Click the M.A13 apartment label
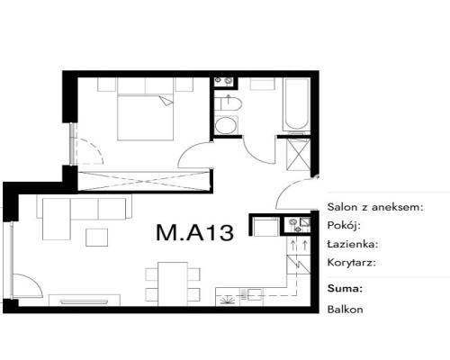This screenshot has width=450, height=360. [x=194, y=232]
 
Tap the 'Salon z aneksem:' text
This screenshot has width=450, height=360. [x=375, y=207]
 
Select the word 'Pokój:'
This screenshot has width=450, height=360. [x=344, y=225]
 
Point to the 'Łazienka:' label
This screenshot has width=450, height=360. [x=353, y=244]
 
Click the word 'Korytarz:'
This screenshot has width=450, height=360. [x=352, y=263]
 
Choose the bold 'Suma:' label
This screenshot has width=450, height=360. [x=345, y=289]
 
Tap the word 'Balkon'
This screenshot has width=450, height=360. [x=345, y=310]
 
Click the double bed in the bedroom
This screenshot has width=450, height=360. [x=146, y=109]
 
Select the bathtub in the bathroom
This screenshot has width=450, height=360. [x=297, y=104]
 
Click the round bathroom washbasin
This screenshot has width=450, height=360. [x=226, y=126]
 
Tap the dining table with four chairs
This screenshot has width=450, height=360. [x=173, y=283]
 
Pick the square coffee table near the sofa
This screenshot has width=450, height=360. [x=96, y=238]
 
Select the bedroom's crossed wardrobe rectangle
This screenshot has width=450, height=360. [x=143, y=181]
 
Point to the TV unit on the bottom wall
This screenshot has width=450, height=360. [x=85, y=301]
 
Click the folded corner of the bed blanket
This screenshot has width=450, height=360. [x=166, y=101]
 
